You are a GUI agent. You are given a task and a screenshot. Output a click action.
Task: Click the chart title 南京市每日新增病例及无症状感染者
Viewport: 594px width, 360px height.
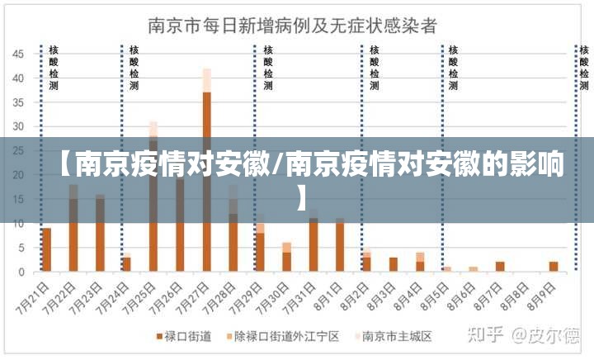[x=293, y=24]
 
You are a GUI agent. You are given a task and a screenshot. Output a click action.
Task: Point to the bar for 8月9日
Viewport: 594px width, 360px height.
[x=553, y=267]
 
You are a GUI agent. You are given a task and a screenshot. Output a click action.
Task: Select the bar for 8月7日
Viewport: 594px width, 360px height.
[x=499, y=267]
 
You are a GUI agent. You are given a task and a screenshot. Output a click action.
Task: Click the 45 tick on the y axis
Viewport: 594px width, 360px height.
[x=17, y=54]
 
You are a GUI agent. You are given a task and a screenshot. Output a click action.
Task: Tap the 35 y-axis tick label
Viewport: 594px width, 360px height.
[x=17, y=102]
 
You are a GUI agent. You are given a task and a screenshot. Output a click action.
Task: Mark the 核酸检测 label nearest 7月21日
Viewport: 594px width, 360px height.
[x=54, y=68]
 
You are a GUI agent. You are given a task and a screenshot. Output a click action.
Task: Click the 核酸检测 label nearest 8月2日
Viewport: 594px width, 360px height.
[x=374, y=68]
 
